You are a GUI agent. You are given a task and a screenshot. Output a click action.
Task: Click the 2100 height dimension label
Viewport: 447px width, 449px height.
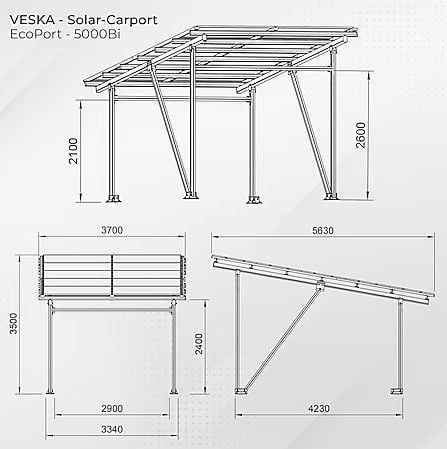click(x=73, y=151)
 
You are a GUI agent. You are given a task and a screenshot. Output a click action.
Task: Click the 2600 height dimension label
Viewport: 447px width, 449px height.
click(x=361, y=135)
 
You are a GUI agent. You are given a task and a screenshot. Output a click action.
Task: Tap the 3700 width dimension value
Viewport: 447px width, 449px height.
click(x=112, y=230)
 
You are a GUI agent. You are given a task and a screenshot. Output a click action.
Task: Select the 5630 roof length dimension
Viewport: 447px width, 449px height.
click(x=323, y=230)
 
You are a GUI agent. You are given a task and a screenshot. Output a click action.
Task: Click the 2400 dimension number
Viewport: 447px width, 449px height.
click(x=199, y=344)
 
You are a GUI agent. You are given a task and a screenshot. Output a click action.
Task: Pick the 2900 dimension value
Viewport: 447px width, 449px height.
click(x=112, y=408)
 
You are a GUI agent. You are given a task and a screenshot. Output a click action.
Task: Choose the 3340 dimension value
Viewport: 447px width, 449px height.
click(x=112, y=429)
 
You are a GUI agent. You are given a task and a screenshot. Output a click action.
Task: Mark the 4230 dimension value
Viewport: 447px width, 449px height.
click(x=319, y=408)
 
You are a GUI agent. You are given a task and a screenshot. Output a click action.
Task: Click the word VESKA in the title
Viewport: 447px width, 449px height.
click(x=32, y=20)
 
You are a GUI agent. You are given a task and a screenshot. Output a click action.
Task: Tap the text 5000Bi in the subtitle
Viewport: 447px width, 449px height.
click(x=97, y=34)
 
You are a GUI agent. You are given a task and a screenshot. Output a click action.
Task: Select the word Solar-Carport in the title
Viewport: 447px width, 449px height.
click(x=112, y=20)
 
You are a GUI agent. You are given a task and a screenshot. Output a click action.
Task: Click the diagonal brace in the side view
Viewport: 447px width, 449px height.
click(x=283, y=338)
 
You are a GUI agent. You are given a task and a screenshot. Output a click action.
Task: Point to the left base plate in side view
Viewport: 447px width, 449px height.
click(x=241, y=390)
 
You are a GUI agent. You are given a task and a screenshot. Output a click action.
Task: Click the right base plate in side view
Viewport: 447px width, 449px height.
click(x=397, y=390)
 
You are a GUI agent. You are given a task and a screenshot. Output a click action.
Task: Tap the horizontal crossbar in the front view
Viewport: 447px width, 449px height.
click(x=112, y=310)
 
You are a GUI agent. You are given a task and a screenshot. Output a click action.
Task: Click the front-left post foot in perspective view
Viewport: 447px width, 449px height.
click(x=114, y=198)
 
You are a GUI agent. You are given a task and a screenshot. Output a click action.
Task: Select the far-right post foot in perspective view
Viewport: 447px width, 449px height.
click(x=331, y=197)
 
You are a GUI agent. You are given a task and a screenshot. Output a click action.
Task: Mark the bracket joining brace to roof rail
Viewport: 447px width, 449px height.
click(x=320, y=286)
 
